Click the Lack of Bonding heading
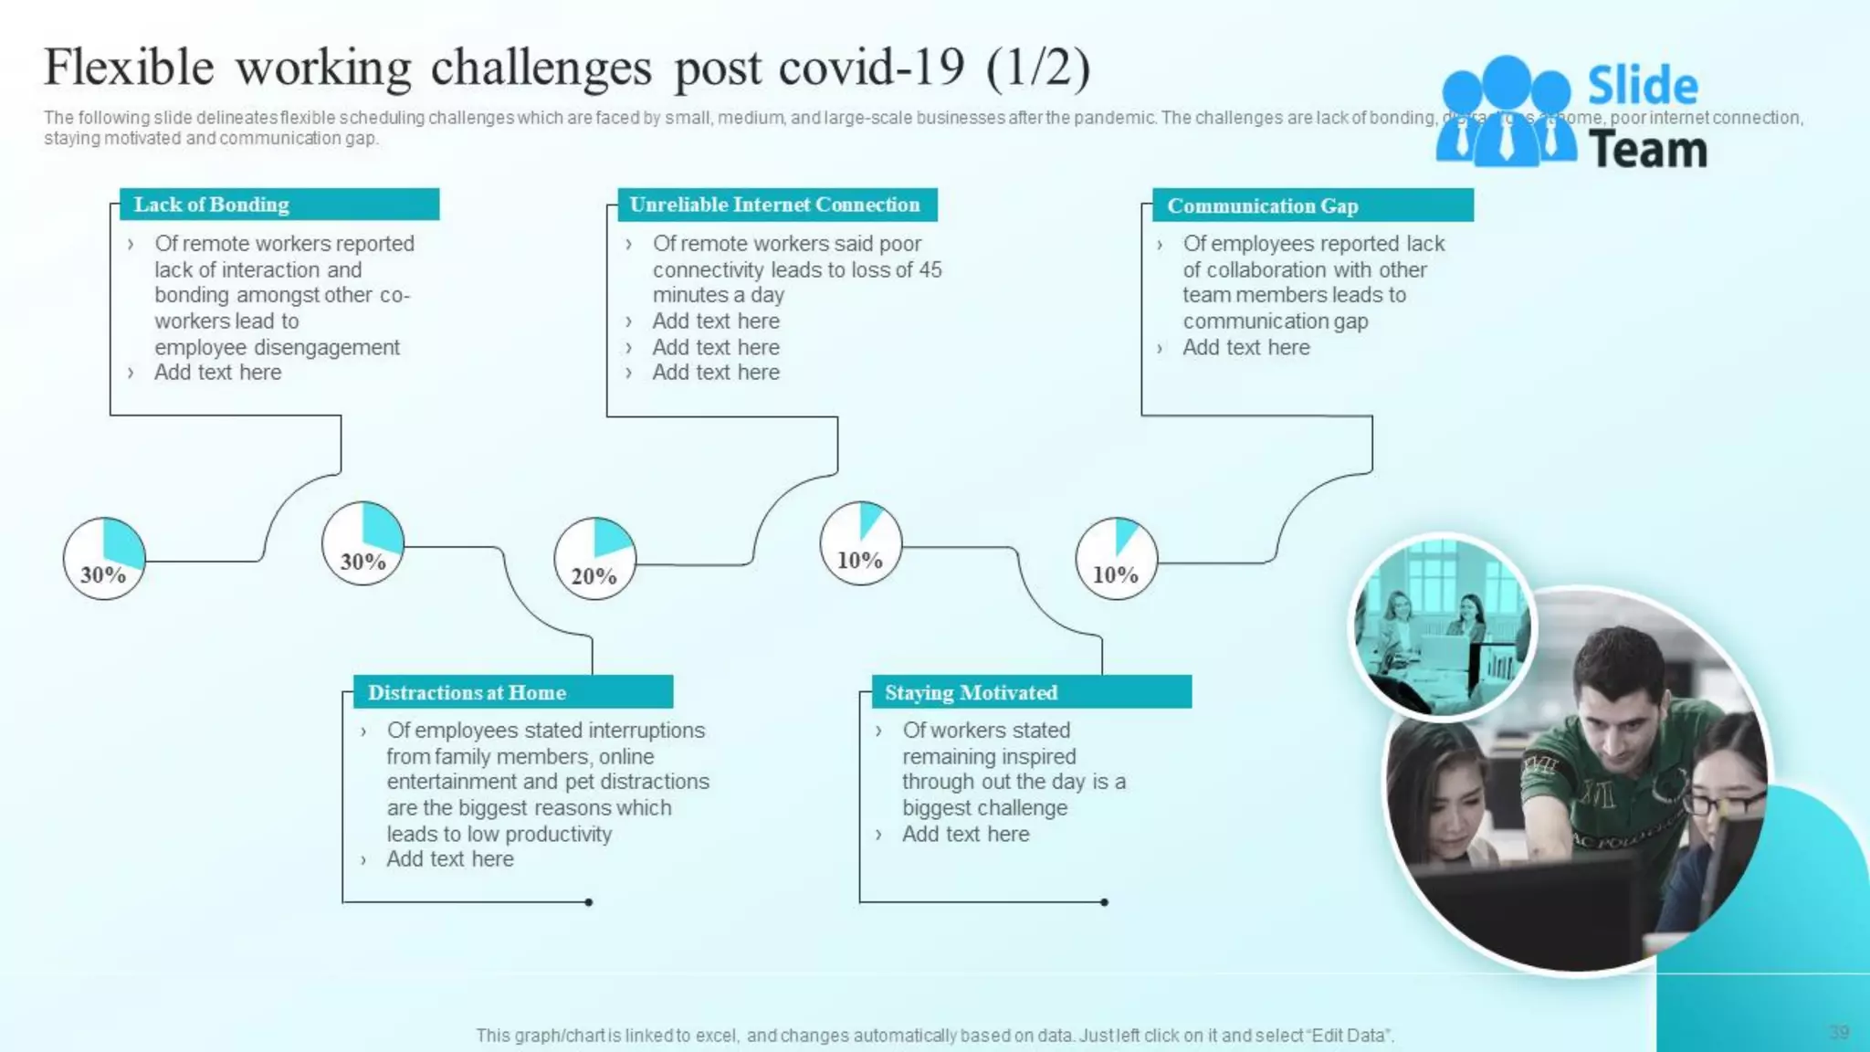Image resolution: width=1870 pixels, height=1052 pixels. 212,205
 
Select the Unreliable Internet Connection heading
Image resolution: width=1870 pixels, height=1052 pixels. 774,205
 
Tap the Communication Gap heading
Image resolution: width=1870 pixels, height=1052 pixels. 1263,206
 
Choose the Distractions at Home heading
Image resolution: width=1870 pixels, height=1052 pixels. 467,692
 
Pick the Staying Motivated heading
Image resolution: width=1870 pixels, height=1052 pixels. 971,692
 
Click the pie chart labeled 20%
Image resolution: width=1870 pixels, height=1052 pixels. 594,558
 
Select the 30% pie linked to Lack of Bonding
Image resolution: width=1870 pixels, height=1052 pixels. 104,558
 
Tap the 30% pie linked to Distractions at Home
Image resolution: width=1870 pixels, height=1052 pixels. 362,543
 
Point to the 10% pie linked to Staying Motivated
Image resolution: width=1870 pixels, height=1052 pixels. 860,543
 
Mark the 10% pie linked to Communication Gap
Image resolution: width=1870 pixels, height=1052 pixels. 1116,558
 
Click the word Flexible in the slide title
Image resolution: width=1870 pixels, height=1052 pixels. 129,68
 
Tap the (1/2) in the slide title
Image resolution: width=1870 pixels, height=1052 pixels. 1038,68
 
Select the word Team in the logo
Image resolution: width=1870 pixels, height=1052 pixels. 1648,150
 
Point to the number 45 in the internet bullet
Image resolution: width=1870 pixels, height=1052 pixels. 930,269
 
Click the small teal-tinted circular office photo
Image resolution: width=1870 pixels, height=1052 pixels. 1442,627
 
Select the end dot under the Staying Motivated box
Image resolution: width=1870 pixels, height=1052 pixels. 1104,902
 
